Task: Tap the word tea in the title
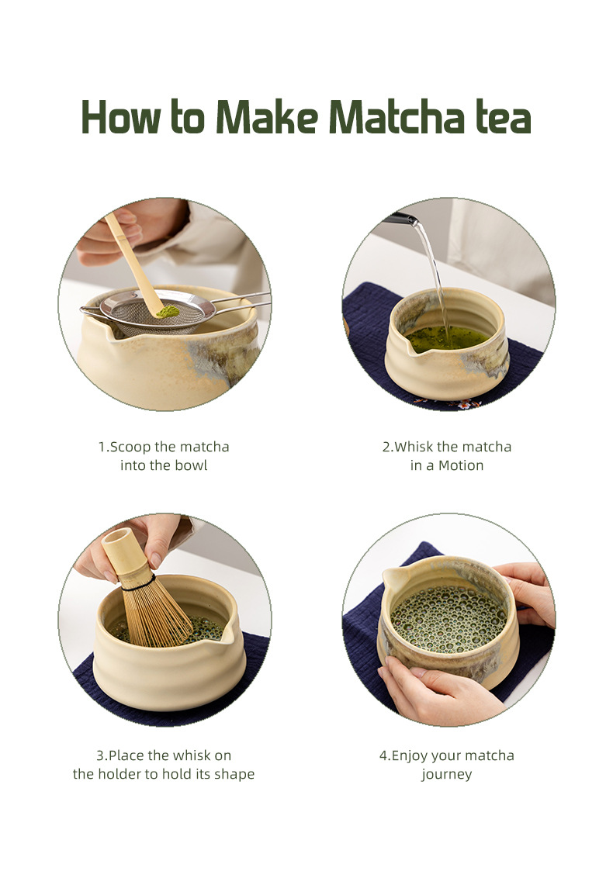[501, 118]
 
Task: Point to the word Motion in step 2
[461, 465]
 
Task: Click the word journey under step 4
[447, 774]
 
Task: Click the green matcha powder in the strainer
[167, 311]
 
